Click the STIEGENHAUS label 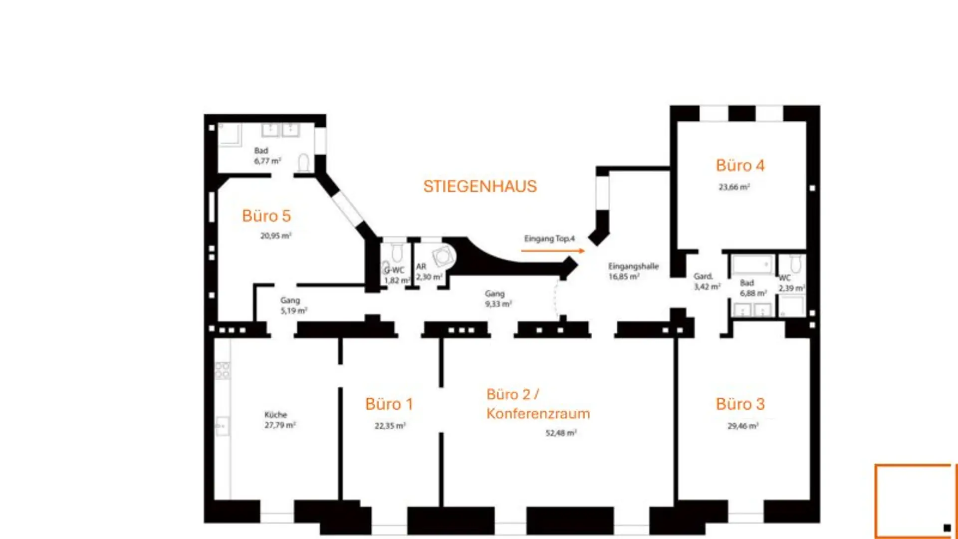point(480,186)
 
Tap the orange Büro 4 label point(740,166)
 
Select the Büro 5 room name point(266,216)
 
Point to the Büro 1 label point(389,404)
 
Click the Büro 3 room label point(740,404)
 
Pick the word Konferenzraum point(538,414)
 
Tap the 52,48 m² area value point(561,433)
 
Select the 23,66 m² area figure point(734,187)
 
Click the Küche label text point(276,415)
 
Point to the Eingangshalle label point(633,267)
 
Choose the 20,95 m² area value point(275,236)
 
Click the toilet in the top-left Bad point(303,162)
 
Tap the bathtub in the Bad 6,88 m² point(752,265)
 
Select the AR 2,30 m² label point(428,272)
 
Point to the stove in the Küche point(222,370)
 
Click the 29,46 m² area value point(743,426)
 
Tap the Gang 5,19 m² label point(293,305)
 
